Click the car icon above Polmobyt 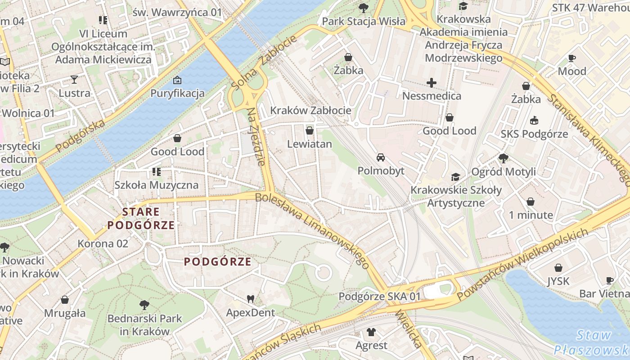click(381, 157)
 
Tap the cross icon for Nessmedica click(432, 83)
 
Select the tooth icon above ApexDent click(251, 299)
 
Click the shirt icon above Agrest click(371, 333)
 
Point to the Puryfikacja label click(177, 93)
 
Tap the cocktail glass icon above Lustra click(74, 80)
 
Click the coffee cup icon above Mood click(571, 58)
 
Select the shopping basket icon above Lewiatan click(309, 131)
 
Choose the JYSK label click(558, 281)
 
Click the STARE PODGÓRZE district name click(141, 218)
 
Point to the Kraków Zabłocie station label click(310, 110)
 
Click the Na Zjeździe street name click(256, 136)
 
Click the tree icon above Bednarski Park click(144, 306)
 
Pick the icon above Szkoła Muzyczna click(156, 171)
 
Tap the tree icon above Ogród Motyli click(503, 158)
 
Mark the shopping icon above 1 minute click(531, 202)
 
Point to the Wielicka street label click(409, 329)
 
